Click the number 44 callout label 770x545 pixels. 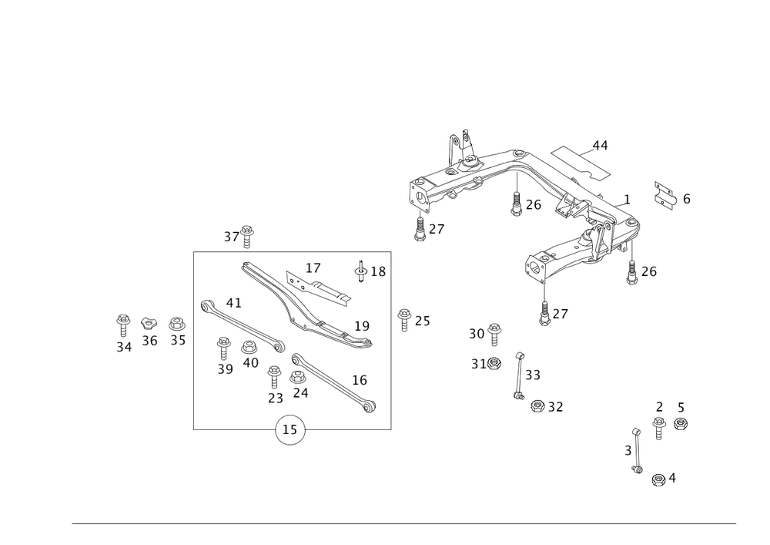[x=600, y=145]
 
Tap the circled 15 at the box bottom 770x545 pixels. [x=291, y=429]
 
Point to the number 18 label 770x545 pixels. [x=378, y=271]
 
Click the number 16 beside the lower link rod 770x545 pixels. [x=360, y=380]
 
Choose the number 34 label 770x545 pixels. [x=124, y=348]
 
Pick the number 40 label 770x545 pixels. [x=250, y=362]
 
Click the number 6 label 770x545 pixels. [x=686, y=199]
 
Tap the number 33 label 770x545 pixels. [x=533, y=375]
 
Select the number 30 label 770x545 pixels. [x=476, y=334]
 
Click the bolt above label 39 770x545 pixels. [x=224, y=344]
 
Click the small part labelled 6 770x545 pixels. [x=664, y=194]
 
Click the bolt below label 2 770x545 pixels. [x=658, y=426]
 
